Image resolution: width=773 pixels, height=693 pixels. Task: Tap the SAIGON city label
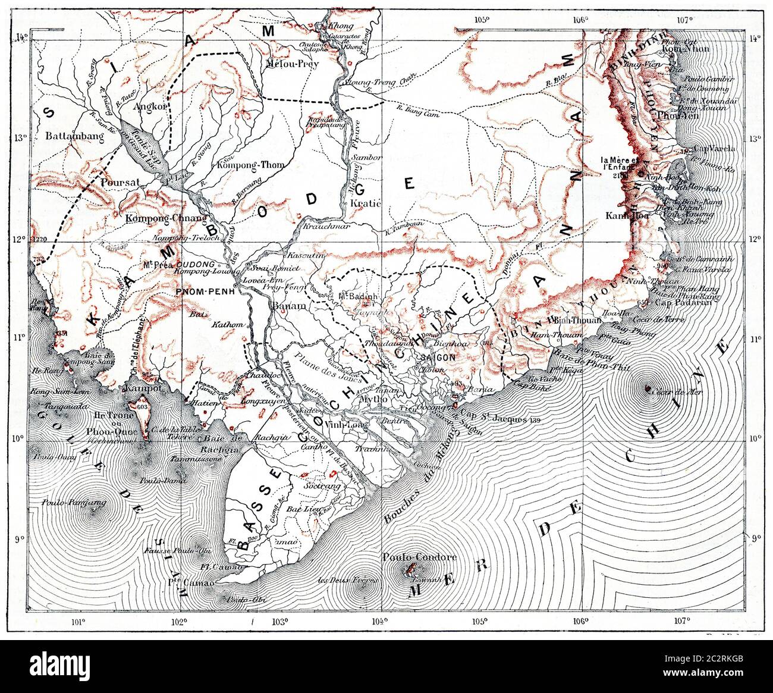[x=438, y=358]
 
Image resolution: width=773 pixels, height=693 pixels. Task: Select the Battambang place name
[x=74, y=136]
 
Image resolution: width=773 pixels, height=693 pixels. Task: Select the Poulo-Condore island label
[x=420, y=557]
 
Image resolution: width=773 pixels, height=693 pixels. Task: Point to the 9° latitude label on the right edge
[x=756, y=540]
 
